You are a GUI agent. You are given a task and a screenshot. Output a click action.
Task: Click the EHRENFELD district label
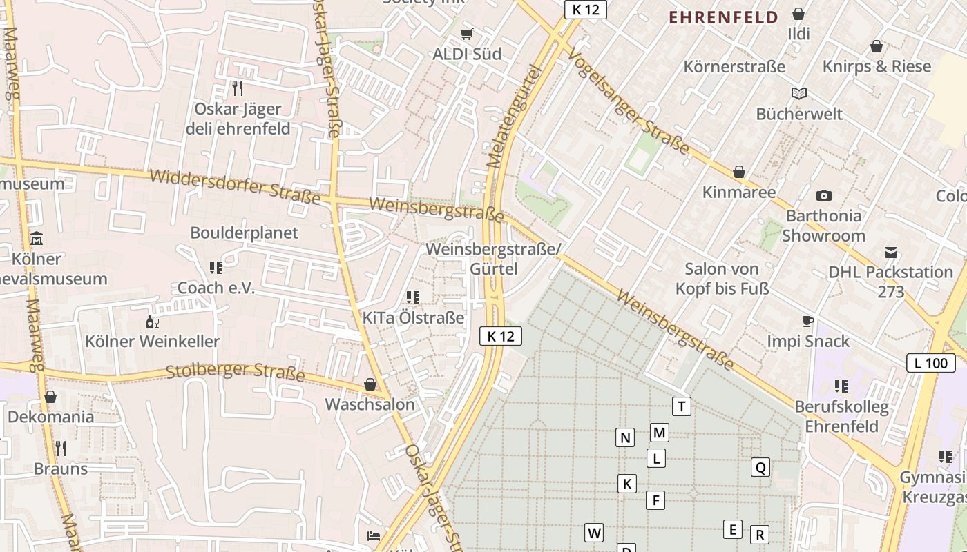pyautogui.click(x=723, y=17)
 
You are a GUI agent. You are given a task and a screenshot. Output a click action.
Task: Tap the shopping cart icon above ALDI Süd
pyautogui.click(x=467, y=34)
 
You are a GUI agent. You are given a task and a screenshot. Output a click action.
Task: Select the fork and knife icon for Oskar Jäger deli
pyautogui.click(x=238, y=88)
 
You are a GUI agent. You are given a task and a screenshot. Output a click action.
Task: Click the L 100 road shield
pyautogui.click(x=930, y=363)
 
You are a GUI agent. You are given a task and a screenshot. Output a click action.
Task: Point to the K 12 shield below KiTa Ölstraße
pyautogui.click(x=501, y=336)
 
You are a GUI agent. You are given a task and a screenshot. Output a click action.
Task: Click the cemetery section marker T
pyautogui.click(x=682, y=406)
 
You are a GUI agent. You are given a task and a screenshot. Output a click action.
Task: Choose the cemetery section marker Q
pyautogui.click(x=760, y=467)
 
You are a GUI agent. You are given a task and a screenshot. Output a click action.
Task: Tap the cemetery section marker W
pyautogui.click(x=594, y=533)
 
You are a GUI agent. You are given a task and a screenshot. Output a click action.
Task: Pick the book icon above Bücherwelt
pyautogui.click(x=799, y=93)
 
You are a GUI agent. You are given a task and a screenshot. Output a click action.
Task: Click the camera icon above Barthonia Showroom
pyautogui.click(x=823, y=195)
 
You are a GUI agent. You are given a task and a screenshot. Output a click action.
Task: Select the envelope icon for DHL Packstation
pyautogui.click(x=891, y=252)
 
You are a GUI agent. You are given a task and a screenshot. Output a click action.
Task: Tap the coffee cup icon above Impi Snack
pyautogui.click(x=808, y=321)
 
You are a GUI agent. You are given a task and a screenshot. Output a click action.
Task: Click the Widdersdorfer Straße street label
pyautogui.click(x=235, y=186)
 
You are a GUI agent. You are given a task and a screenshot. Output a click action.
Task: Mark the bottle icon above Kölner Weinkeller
pyautogui.click(x=153, y=321)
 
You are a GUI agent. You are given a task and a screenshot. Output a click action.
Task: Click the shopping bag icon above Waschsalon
pyautogui.click(x=370, y=384)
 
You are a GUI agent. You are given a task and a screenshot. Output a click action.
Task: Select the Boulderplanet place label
pyautogui.click(x=245, y=233)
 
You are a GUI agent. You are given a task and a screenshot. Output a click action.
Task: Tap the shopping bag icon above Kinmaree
pyautogui.click(x=739, y=172)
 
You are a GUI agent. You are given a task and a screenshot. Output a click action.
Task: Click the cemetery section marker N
pyautogui.click(x=625, y=437)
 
